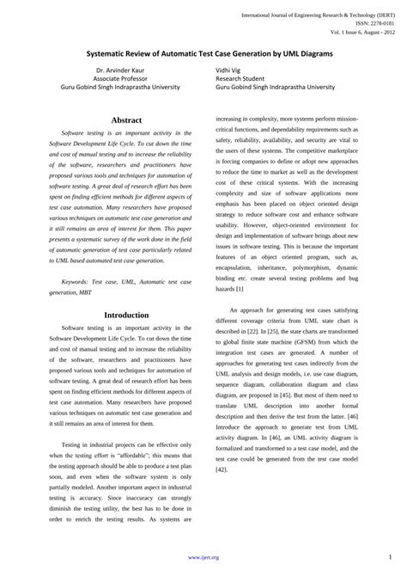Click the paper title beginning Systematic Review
click(203, 53)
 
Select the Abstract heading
click(126, 119)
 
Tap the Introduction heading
click(126, 315)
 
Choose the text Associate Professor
click(122, 77)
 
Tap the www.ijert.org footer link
click(203, 558)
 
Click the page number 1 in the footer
click(390, 558)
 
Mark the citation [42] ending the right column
click(222, 469)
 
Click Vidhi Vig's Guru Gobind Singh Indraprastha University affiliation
click(275, 87)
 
